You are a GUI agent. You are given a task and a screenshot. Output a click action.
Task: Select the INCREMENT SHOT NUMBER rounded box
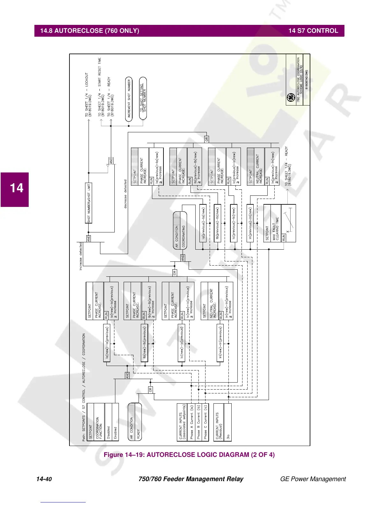coord(129,99)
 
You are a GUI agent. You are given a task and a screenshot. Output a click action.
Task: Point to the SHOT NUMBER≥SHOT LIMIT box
coord(89,203)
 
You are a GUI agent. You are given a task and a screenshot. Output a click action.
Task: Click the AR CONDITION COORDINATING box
coord(180,231)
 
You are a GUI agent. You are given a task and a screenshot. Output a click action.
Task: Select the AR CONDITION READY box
coord(134,422)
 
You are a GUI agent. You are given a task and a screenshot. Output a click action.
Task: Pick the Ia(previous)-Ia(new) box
coord(203,223)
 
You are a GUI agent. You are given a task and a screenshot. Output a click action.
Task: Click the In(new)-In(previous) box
coord(220,343)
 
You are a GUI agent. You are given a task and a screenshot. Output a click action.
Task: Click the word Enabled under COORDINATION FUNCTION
coord(115,432)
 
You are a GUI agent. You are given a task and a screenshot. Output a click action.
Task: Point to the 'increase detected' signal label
coord(81,256)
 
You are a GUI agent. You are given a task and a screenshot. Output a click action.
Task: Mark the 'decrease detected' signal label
coord(125,194)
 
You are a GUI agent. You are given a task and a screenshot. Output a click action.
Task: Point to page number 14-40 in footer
coord(44,479)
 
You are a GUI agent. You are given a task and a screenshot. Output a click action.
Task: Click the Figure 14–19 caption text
coord(189,455)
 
